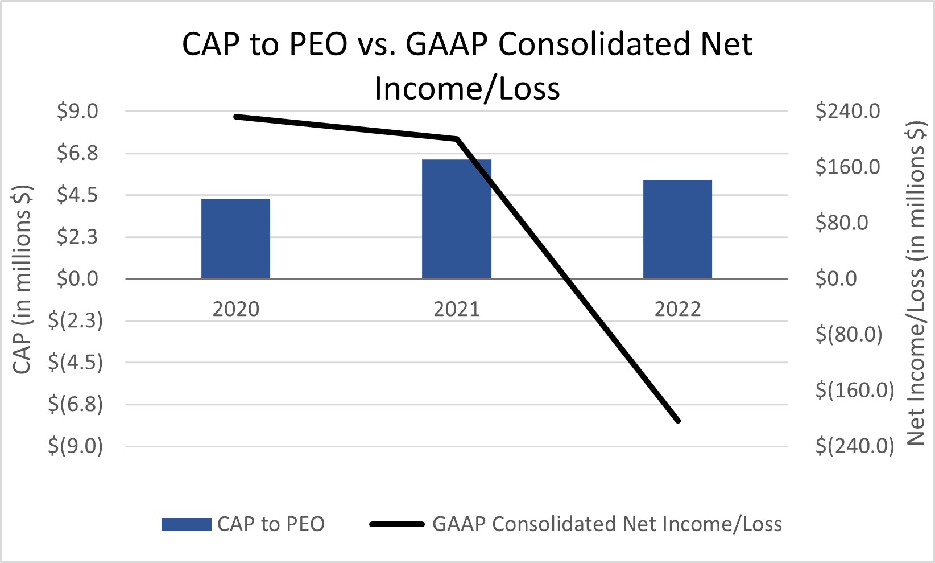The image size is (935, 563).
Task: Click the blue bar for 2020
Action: [x=235, y=239]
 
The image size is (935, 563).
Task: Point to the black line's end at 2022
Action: [x=677, y=421]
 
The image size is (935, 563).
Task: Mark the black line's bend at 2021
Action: [x=456, y=139]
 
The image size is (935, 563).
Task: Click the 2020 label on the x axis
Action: [x=235, y=309]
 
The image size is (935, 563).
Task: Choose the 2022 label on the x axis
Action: [x=677, y=309]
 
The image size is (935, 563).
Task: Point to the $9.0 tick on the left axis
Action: [x=77, y=112]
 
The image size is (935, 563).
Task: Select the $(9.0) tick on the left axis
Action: [x=75, y=446]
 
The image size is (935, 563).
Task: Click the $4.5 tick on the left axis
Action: [x=77, y=195]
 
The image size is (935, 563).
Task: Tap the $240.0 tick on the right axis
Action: [x=847, y=111]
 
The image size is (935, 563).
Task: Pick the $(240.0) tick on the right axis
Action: [x=855, y=446]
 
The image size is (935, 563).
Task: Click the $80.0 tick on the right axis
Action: [x=842, y=223]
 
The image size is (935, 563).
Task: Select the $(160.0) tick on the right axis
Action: [x=855, y=390]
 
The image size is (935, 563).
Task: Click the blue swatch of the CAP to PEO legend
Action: [x=186, y=524]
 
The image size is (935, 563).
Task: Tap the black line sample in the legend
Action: [x=396, y=524]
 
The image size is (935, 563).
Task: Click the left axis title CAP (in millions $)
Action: [x=22, y=279]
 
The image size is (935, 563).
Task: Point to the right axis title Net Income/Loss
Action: [x=915, y=283]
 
